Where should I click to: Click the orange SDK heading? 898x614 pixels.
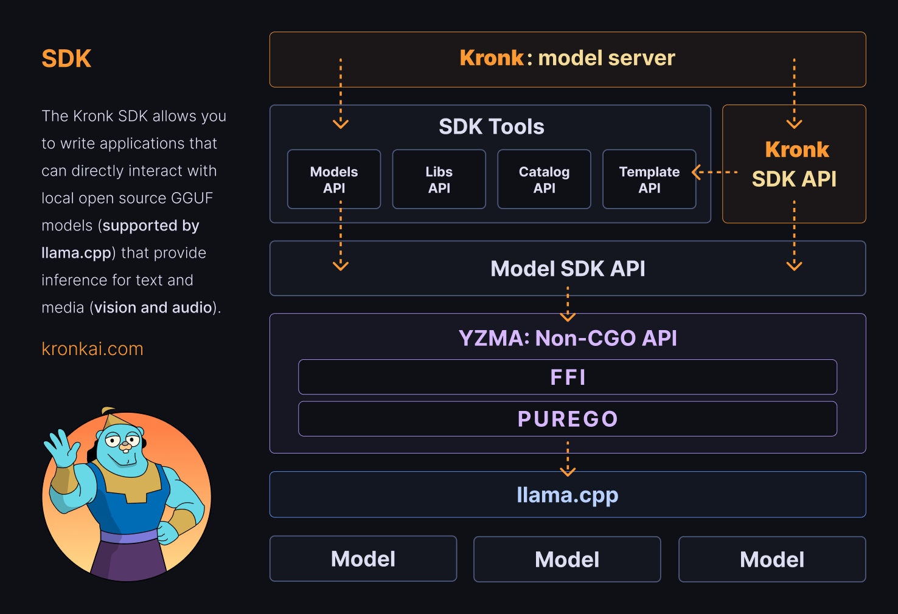coord(66,59)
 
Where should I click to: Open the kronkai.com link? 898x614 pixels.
coord(92,349)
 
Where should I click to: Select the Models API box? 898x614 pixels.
coord(334,179)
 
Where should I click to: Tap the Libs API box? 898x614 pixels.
coord(439,179)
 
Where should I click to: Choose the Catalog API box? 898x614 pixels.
coord(544,179)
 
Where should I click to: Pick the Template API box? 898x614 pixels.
coord(649,179)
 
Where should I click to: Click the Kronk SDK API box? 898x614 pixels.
coord(794,164)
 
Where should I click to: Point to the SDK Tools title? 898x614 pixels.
coord(492,126)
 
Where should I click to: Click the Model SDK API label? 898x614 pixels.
coord(568,269)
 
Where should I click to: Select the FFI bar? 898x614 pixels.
coord(568,377)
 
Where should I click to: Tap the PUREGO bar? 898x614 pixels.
coord(568,419)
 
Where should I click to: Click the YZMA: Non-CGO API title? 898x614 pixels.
coord(568,338)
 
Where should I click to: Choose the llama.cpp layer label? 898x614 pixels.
coord(568,495)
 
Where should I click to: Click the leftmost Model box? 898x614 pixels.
coord(363,559)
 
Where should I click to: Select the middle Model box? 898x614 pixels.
coord(567,559)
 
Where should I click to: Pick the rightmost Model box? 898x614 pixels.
coord(772,559)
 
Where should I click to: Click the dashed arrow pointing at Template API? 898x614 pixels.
coord(714,173)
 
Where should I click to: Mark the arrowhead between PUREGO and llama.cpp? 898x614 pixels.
coord(568,471)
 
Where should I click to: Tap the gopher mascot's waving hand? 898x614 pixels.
coord(61,446)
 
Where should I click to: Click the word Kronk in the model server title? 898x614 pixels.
coord(491,58)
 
